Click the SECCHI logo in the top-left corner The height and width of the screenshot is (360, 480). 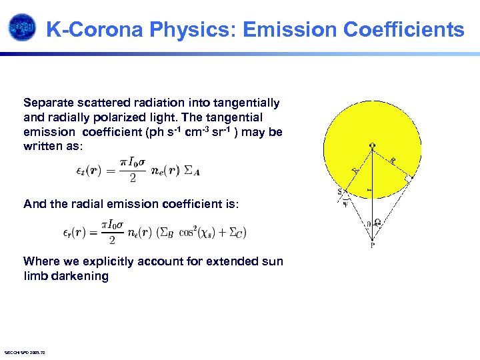[21, 27]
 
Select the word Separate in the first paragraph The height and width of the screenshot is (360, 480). [47, 103]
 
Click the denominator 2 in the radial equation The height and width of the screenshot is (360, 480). [112, 241]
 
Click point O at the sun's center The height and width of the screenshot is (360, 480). [371, 146]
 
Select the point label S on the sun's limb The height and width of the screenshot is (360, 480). [340, 193]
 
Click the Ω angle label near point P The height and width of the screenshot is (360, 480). [378, 223]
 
